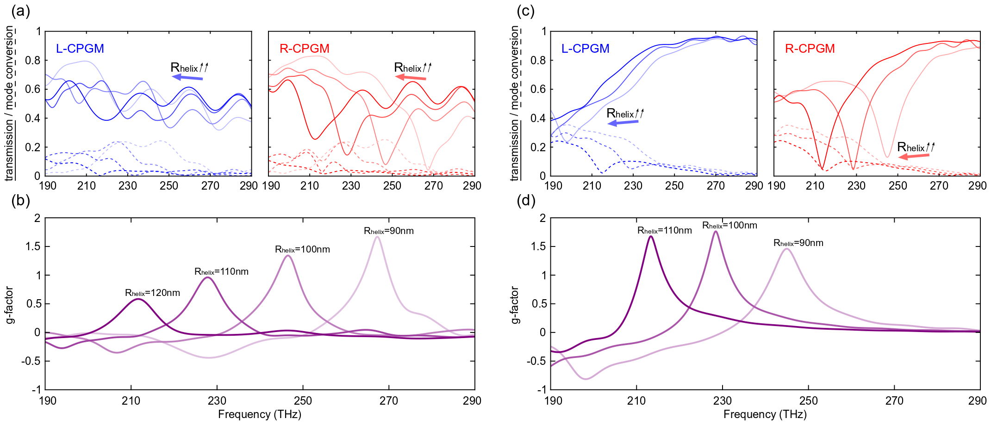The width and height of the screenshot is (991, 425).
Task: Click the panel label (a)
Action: [x=20, y=11]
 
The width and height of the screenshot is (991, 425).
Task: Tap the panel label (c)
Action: [x=525, y=11]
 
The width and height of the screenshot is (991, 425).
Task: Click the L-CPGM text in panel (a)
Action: [x=80, y=49]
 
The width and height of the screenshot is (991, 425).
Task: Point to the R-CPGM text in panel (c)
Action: [x=810, y=49]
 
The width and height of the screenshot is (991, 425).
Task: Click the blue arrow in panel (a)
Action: [x=187, y=78]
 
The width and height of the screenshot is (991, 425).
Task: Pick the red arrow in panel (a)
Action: [x=411, y=78]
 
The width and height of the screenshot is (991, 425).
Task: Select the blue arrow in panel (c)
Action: [x=623, y=123]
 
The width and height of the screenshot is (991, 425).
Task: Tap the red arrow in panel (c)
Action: [x=914, y=156]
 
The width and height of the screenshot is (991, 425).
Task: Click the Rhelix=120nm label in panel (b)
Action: [x=152, y=293]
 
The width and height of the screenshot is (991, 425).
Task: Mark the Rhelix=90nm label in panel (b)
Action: [x=388, y=231]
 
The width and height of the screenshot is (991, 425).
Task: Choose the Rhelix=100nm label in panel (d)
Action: [x=729, y=225]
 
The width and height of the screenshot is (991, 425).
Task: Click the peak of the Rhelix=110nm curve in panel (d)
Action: [x=651, y=236]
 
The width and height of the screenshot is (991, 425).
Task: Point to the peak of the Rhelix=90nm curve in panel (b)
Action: [x=377, y=237]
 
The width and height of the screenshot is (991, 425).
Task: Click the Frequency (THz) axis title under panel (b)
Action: [x=260, y=414]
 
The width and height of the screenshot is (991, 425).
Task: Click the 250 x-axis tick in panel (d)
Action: [x=808, y=400]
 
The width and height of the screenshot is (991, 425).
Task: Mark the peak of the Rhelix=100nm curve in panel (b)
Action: [x=288, y=255]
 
